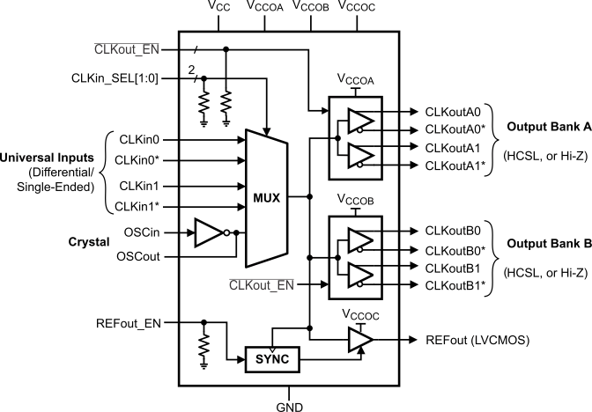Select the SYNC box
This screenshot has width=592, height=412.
(x=272, y=359)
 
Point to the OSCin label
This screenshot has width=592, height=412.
(x=160, y=233)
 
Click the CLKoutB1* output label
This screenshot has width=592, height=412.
(x=455, y=286)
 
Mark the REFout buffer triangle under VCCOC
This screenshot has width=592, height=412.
(x=359, y=339)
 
